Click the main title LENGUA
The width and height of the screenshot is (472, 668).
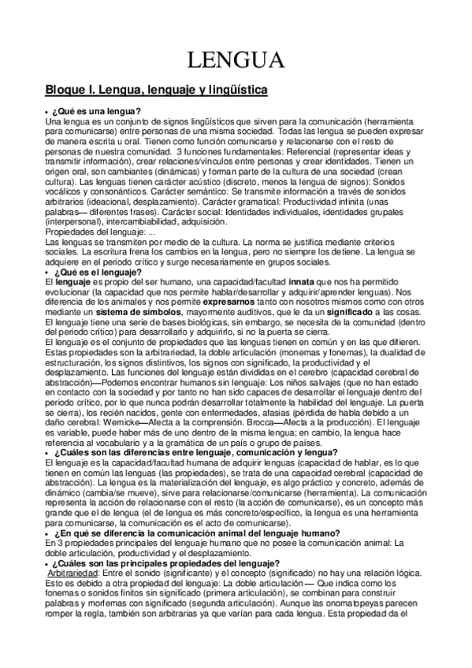click(x=235, y=61)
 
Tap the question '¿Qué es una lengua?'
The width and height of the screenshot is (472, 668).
click(x=97, y=113)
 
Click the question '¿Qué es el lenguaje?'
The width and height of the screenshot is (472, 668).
click(x=97, y=271)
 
